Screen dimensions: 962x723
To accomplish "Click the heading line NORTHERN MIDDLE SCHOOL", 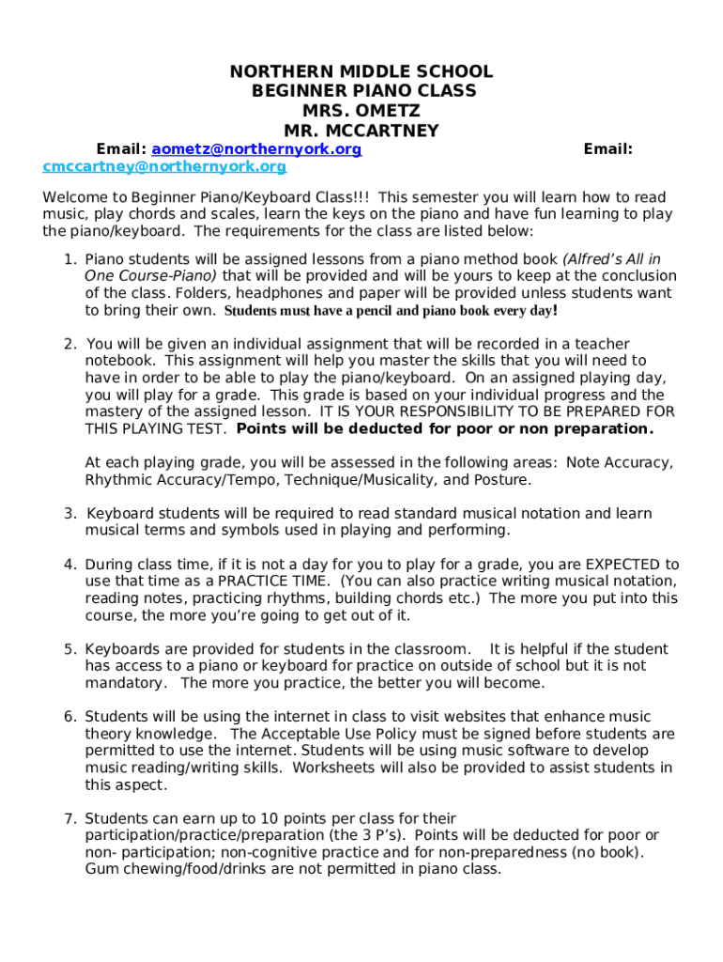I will pos(361,72).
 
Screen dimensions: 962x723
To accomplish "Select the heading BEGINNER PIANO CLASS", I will pos(363,91).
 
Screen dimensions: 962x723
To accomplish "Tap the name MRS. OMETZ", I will pos(361,111).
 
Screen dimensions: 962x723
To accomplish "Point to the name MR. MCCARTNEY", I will pos(361,131).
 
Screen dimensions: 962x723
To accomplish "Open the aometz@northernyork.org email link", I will pos(256,149).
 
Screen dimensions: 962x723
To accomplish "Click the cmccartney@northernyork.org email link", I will pos(164,166).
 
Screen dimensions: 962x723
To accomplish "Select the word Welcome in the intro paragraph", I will pos(74,197).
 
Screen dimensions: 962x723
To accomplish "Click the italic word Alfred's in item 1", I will pos(597,259).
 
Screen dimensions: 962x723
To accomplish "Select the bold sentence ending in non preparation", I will pos(445,429).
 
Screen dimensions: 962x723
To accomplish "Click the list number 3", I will pos(69,514).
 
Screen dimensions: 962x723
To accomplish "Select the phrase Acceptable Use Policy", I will pos(310,734).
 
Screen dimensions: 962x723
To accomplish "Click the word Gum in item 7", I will pos(101,869).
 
